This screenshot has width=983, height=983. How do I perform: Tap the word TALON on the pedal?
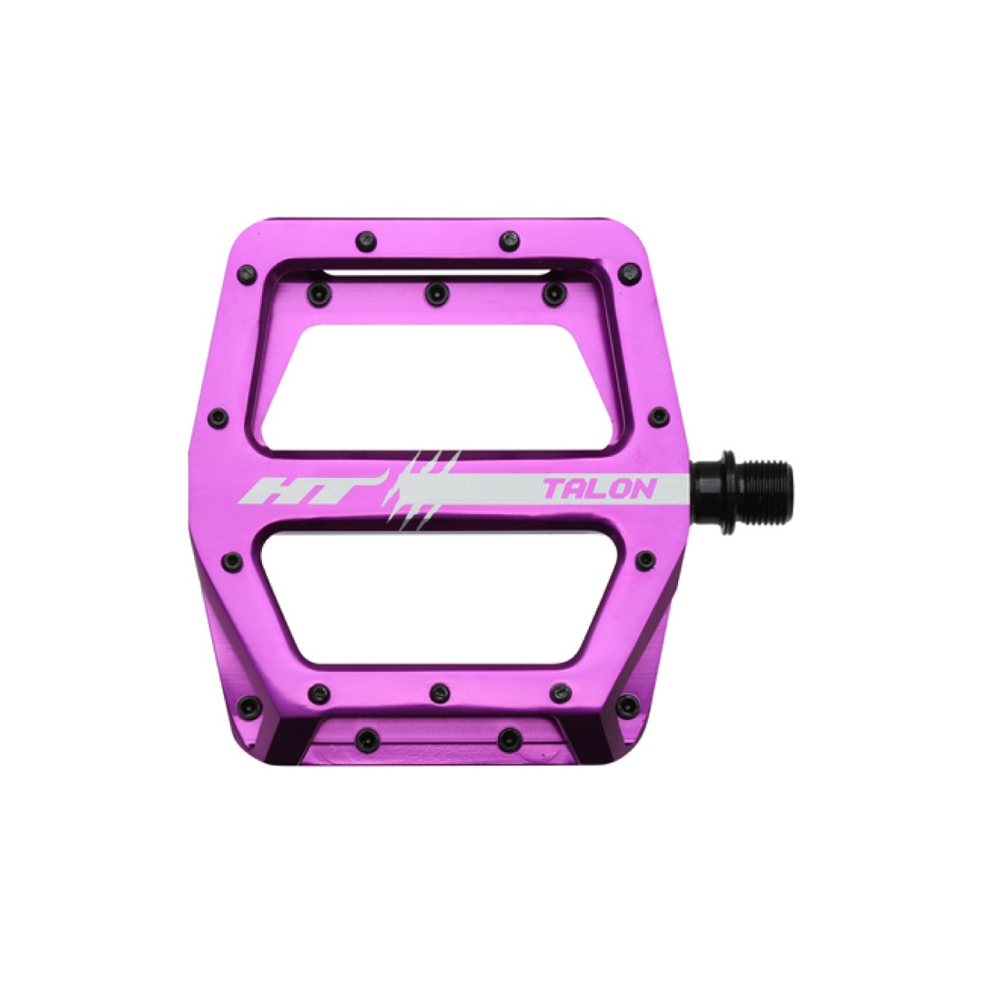598,490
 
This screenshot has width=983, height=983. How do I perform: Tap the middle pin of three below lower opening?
440,692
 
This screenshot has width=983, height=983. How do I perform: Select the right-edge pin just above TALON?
657,417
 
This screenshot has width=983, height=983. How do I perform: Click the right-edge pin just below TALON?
645,559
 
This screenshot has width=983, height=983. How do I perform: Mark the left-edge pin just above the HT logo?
218,419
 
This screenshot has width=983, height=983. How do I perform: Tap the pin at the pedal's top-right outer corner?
629,270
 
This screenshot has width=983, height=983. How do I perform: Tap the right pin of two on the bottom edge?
506,735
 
